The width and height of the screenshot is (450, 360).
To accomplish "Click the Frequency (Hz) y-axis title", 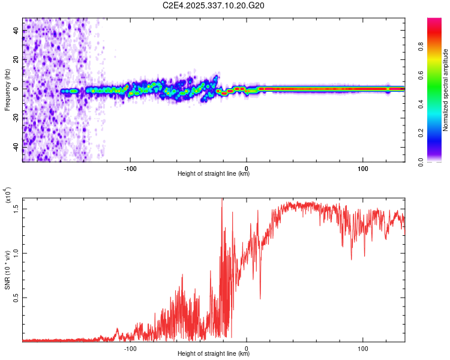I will pos(7,89).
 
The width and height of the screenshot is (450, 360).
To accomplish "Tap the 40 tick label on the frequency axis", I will pos(16,31).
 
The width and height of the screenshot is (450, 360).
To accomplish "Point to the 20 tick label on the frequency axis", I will pos(16,60).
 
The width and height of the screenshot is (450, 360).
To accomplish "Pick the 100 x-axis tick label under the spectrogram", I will pos(362,168).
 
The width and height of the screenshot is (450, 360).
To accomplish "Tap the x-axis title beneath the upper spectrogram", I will pos(214,174).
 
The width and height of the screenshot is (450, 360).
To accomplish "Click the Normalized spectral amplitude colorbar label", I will pos(445,90).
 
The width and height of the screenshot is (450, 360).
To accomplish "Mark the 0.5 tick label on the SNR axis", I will pos(16,297).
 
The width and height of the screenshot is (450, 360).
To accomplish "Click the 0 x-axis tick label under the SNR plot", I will pos(247,347).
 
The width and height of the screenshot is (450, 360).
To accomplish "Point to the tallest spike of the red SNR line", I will pos(222,200).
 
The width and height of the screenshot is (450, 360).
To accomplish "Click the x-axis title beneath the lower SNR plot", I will pos(214,354).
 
